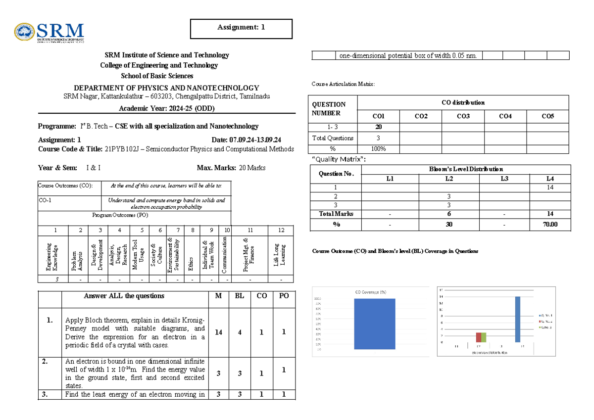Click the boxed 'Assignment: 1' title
tap(241, 28)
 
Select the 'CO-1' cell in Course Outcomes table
tap(45, 200)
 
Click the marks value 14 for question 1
tap(218, 332)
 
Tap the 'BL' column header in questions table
tap(239, 296)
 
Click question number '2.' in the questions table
tap(50, 361)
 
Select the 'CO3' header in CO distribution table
tap(463, 116)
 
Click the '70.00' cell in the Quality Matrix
tap(550, 224)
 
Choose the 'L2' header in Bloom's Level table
tap(449, 178)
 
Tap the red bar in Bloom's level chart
tap(479, 337)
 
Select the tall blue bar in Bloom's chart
tap(518, 319)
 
